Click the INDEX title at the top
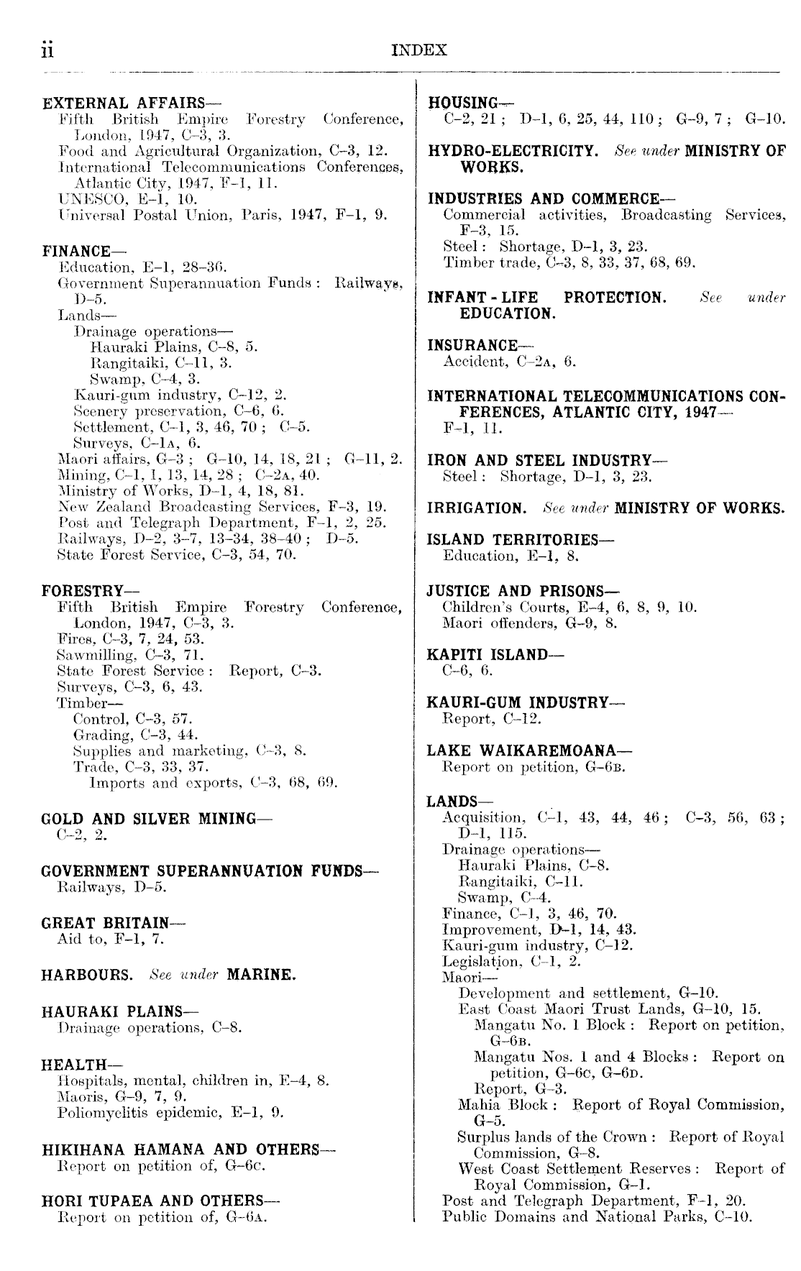pos(420,50)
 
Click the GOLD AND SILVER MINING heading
pos(148,819)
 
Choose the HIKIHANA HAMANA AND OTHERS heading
pos(180,1150)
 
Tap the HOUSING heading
pos(463,103)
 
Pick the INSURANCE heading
pos(472,346)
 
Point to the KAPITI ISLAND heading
pos(487,655)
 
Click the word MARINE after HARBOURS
pos(261,976)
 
